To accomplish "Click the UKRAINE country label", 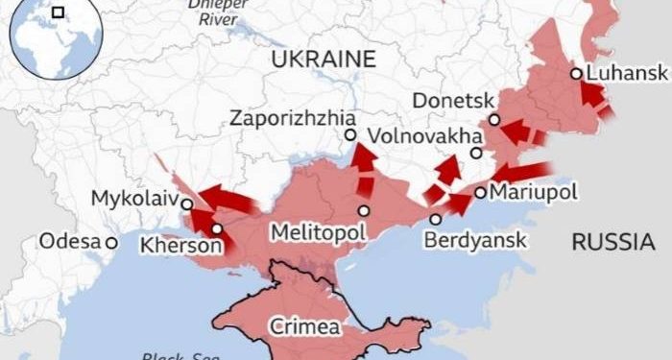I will point(323,59).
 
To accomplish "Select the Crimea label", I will point(303,326).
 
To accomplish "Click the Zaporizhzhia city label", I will point(287,118).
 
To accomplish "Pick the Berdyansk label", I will point(476,240).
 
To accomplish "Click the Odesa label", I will point(70,242).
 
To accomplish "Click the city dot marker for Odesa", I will point(112,243).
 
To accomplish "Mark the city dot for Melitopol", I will point(364,211).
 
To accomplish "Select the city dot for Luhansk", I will point(575,73).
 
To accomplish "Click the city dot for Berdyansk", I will point(435,219).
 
